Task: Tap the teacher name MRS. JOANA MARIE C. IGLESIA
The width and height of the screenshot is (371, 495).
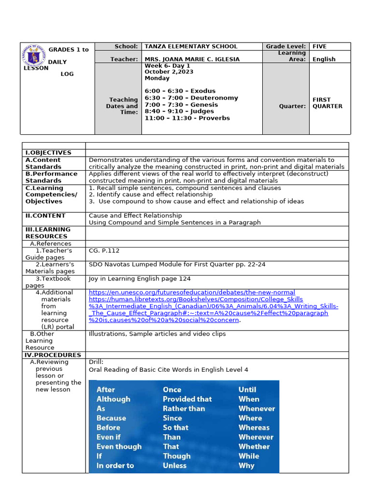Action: tap(192, 59)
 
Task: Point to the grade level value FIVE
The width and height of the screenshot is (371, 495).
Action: tap(319, 46)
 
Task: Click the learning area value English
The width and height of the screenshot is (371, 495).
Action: tap(324, 59)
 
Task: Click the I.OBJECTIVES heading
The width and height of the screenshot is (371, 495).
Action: tap(48, 153)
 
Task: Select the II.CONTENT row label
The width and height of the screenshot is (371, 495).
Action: tap(45, 216)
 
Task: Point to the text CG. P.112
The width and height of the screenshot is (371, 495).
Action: tap(104, 250)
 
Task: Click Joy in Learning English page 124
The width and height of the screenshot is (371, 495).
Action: tap(140, 278)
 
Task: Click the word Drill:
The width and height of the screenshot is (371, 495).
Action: tap(96, 362)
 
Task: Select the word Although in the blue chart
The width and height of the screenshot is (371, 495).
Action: tap(114, 399)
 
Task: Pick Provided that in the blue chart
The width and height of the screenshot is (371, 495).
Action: tap(187, 399)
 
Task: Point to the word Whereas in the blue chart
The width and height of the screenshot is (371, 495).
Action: tap(254, 427)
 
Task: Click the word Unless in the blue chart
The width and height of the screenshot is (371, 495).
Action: tap(174, 466)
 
